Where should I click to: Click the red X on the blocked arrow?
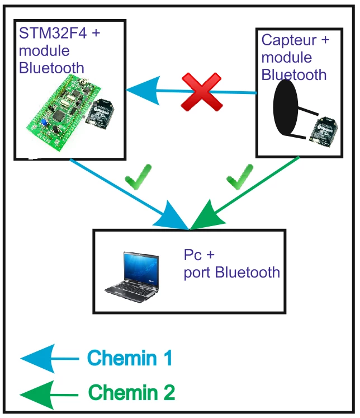pos(202,92)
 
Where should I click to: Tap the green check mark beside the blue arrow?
pos(138,177)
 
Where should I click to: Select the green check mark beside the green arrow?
pos(239,177)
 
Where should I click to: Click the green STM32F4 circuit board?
pos(64,113)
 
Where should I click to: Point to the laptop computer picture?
pos(132,277)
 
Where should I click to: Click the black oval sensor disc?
pos(286,107)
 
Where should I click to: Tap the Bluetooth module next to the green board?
pos(100,114)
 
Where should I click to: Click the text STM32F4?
pos(53,34)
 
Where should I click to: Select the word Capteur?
pos(290,40)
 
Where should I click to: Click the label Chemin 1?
pos(130,358)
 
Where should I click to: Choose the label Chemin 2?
pos(131,392)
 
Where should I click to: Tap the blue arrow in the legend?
pos(50,359)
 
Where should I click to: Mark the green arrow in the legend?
pos(49,395)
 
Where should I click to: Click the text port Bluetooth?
pos(231,273)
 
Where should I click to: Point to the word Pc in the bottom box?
pos(192,255)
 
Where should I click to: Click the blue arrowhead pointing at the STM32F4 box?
pos(143,91)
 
